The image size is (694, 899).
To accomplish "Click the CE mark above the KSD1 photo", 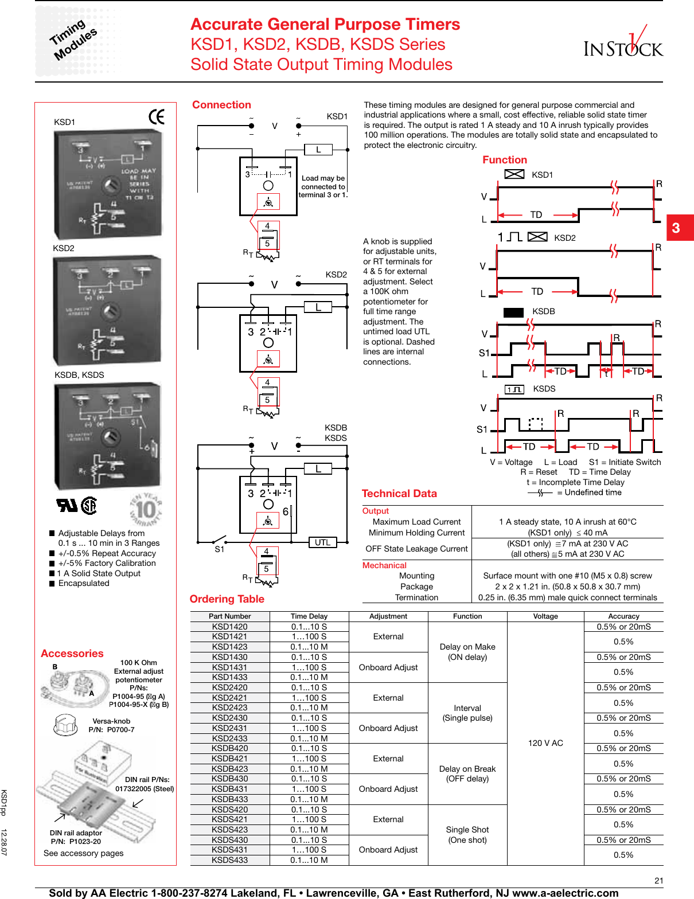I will [x=157, y=116].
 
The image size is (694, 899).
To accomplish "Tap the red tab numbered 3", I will [x=679, y=228].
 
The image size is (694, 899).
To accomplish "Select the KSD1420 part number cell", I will [x=229, y=627].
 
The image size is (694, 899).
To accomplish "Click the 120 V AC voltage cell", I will [x=545, y=743].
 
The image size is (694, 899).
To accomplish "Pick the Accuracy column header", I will [x=623, y=616].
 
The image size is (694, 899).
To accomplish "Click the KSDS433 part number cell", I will [x=229, y=860].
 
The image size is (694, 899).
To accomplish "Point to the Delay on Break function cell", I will [x=467, y=773].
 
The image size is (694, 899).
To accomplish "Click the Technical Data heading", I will [x=399, y=494].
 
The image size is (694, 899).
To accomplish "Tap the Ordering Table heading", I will [x=227, y=599].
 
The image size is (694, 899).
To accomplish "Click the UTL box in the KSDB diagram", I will [x=322, y=542].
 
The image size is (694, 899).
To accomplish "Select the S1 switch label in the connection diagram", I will [x=219, y=549].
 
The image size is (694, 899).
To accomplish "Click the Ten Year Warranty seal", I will [x=146, y=509].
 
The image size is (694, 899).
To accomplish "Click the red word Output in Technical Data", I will [x=376, y=511].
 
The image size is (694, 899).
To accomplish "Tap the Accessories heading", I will [x=72, y=654].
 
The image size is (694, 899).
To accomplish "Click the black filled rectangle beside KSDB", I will [x=513, y=312].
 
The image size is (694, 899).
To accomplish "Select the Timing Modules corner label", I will [x=73, y=40].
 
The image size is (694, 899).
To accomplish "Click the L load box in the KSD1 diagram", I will [x=318, y=150].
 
